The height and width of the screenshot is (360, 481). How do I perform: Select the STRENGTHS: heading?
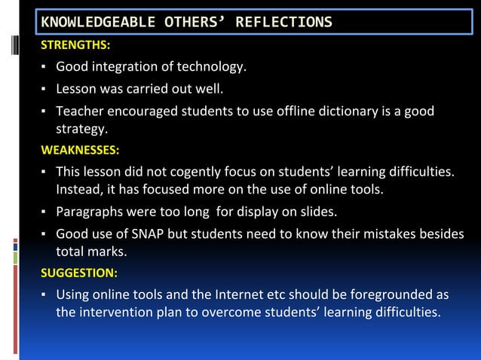(75, 47)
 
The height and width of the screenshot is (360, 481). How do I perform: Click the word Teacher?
(80, 112)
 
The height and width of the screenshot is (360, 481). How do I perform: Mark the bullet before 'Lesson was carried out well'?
(44, 91)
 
